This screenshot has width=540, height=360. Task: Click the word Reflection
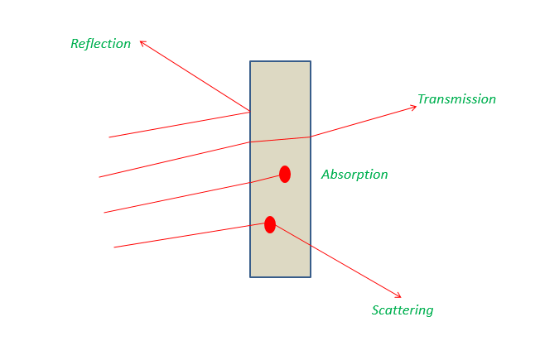[x=100, y=44]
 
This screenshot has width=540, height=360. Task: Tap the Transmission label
[x=456, y=99]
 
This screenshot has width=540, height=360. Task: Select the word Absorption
[x=354, y=175]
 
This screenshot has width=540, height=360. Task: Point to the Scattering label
[x=403, y=310]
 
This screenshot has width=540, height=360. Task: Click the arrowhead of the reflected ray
[x=141, y=42]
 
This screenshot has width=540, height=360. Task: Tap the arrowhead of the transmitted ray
[x=415, y=107]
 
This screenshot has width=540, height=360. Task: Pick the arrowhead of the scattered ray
[x=400, y=296]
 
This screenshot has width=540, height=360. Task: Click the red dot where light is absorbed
[x=285, y=174]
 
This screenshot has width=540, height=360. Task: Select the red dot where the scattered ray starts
[x=270, y=225]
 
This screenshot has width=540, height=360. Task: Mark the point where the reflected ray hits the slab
[x=250, y=112]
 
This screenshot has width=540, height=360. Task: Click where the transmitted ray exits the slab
[x=311, y=137]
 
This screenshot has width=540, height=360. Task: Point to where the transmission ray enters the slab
[x=250, y=142]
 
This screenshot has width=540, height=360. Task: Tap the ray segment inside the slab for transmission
[x=280, y=139]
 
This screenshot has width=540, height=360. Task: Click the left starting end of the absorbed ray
[x=104, y=213]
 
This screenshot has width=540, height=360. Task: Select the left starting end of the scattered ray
[x=114, y=247]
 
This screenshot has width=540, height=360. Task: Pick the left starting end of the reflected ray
[x=109, y=137]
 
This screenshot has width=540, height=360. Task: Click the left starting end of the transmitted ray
[x=99, y=177]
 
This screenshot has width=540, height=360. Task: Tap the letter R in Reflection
[x=75, y=44]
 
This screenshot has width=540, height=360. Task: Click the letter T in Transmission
[x=422, y=98]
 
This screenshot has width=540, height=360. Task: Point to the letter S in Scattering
[x=375, y=310]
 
